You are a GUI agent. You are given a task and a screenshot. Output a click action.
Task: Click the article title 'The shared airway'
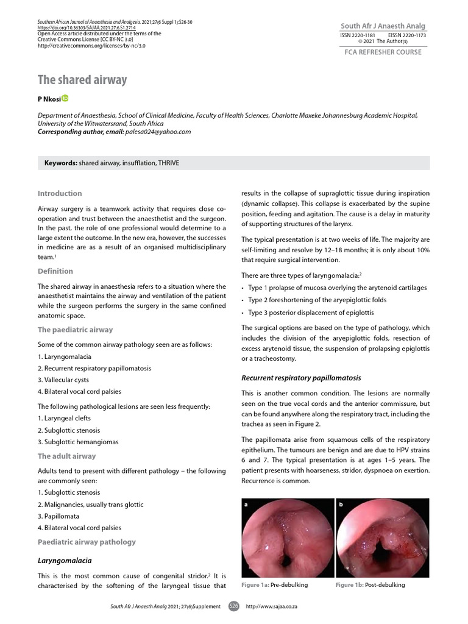82,80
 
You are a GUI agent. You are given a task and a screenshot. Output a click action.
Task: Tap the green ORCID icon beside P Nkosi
65,98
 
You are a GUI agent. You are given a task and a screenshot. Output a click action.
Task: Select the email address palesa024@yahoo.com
157,131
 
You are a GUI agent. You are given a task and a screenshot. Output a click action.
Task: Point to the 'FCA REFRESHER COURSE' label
383,52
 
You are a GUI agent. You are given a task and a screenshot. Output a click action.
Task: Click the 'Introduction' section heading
60,193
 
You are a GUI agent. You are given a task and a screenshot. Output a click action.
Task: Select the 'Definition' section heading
55,271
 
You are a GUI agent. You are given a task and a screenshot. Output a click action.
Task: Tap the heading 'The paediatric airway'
76,330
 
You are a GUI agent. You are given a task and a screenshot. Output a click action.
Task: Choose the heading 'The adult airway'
67,456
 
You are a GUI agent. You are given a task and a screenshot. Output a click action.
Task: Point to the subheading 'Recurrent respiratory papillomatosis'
301,378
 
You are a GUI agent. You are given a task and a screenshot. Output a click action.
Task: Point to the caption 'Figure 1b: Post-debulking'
370,585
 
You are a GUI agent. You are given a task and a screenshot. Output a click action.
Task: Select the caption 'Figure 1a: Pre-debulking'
275,585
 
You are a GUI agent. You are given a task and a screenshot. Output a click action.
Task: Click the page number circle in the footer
233,606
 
